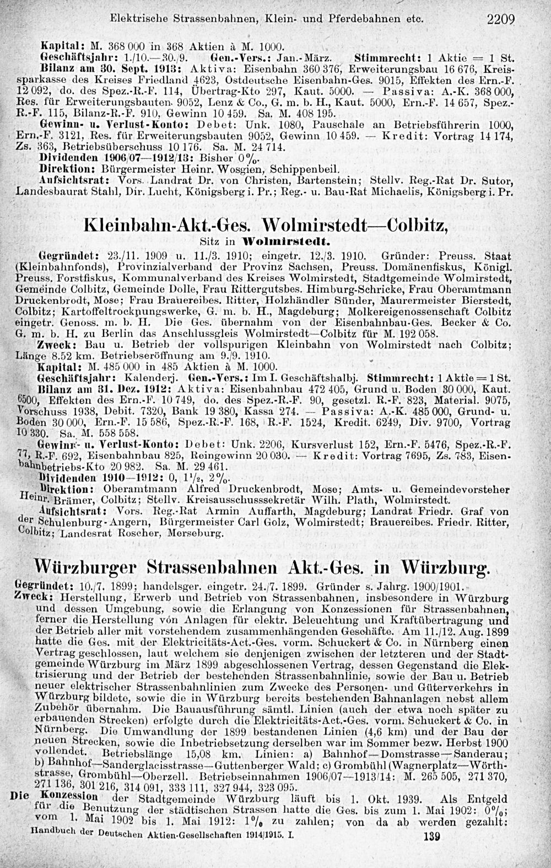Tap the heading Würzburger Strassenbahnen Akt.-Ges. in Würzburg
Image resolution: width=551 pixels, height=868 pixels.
pos(262,567)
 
